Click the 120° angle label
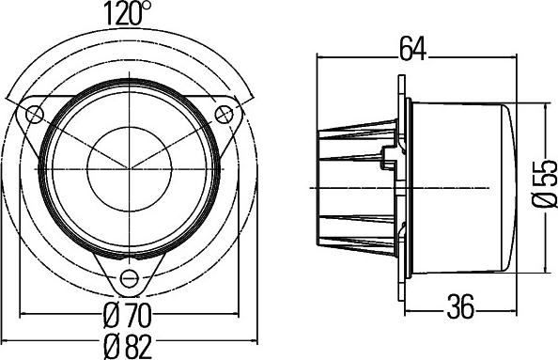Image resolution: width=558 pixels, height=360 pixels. tap(128, 13)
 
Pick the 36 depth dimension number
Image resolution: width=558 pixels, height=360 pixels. tap(459, 305)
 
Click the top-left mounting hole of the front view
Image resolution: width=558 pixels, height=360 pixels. tap(35, 116)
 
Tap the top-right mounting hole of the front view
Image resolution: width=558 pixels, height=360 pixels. tap(224, 116)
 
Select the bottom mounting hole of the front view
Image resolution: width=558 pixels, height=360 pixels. tap(129, 278)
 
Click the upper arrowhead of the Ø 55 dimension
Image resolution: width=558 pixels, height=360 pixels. tap(543, 105)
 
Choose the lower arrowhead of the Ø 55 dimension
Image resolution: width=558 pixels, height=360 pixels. tap(543, 271)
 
